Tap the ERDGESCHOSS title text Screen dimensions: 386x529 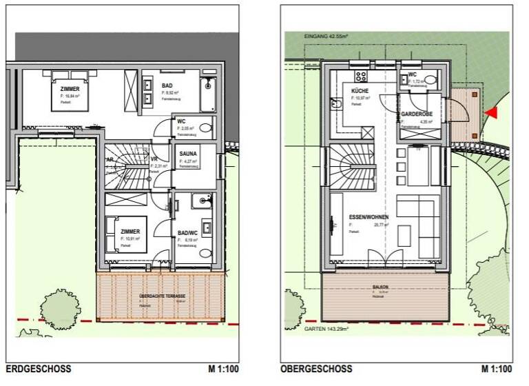pyautogui.click(x=39, y=369)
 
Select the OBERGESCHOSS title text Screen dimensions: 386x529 pyautogui.click(x=316, y=369)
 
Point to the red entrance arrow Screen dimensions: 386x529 pyautogui.click(x=491, y=111)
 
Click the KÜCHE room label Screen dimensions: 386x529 pyautogui.click(x=360, y=91)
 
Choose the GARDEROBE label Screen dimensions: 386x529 pyautogui.click(x=417, y=114)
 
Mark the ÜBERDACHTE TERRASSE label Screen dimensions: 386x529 pyautogui.click(x=163, y=296)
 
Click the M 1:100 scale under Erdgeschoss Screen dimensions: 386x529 pyautogui.click(x=223, y=369)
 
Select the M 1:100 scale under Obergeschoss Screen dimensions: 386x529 pyautogui.click(x=497, y=369)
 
